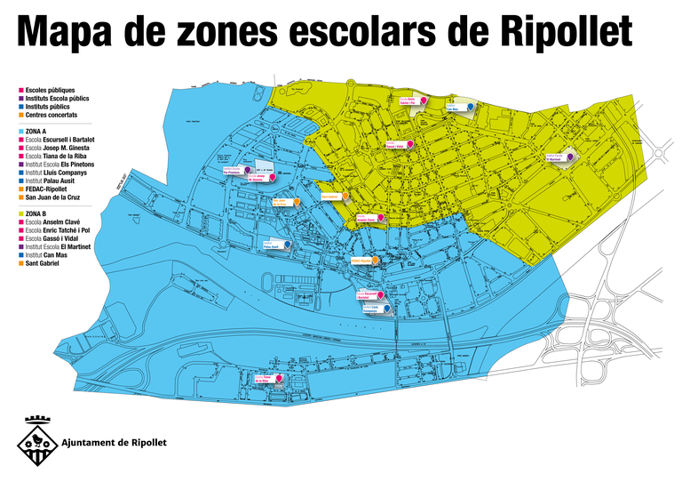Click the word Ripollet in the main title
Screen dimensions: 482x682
pos(560,32)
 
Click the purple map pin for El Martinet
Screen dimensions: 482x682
pos(569,157)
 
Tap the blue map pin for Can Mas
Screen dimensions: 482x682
pos(470,107)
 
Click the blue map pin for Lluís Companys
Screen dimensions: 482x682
pos(386,309)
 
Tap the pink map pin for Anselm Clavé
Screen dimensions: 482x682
pos(382,217)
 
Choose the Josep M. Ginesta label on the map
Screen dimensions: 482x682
pos(258,178)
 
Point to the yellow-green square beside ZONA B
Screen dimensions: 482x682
pos(20,214)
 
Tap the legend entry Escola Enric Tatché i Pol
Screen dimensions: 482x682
pos(59,230)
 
